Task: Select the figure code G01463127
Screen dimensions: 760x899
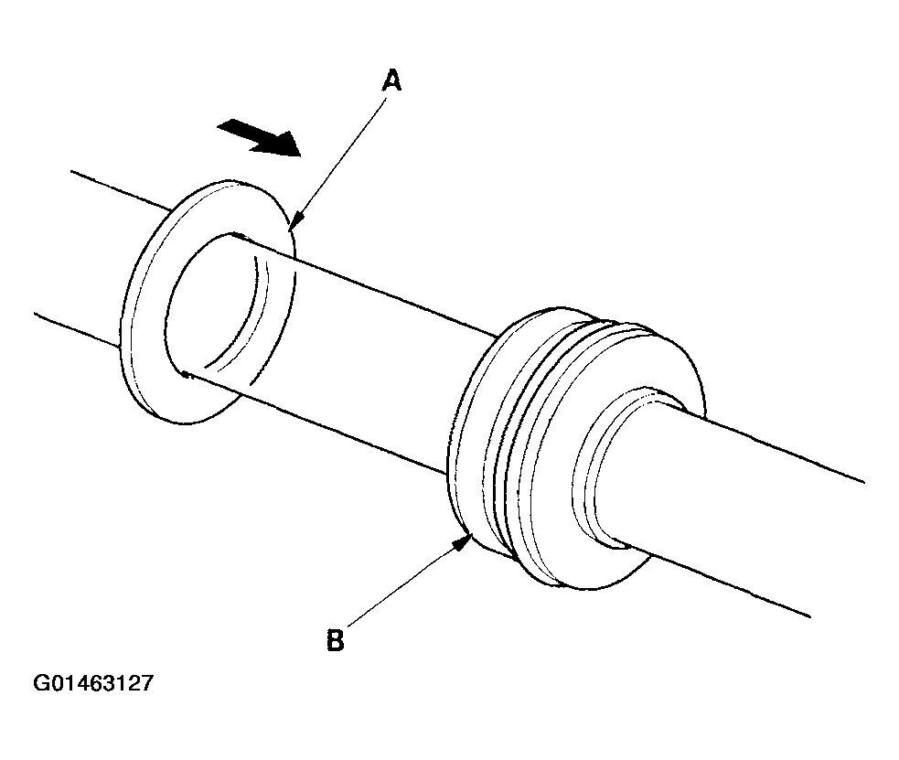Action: (92, 683)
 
